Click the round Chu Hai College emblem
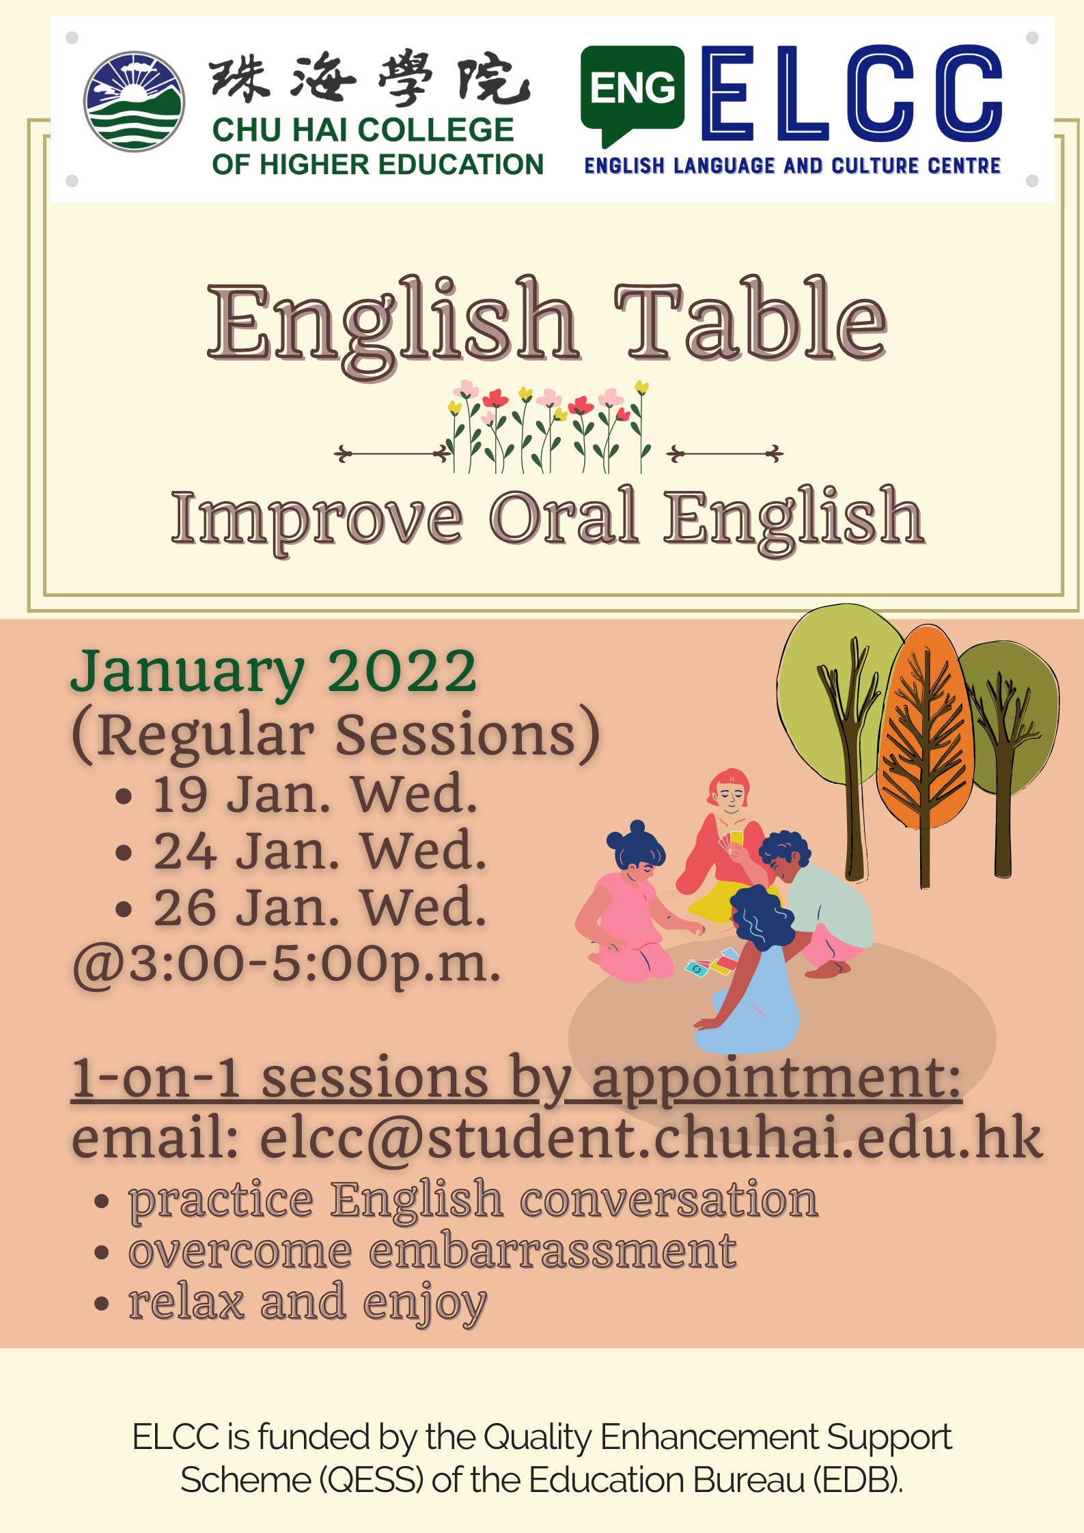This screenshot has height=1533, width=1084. [134, 102]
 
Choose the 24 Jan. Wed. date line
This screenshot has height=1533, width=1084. [320, 852]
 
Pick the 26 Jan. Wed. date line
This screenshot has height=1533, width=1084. [320, 908]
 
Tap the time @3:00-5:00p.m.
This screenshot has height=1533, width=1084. [287, 964]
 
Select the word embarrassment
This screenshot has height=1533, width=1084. [553, 1252]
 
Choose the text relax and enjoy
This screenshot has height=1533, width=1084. [307, 1303]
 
